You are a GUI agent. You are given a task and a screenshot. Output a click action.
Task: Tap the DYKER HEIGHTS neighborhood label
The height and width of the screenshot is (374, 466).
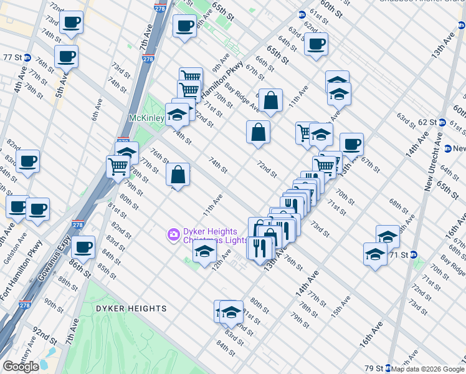pyautogui.click(x=132, y=309)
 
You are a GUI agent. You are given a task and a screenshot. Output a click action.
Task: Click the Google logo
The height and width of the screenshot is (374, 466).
pyautogui.click(x=21, y=367)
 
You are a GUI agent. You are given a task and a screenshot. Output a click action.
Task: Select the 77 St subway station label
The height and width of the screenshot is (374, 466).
pyautogui.click(x=13, y=57)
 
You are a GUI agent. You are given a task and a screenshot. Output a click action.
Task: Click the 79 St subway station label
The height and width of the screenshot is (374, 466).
pyautogui.click(x=374, y=368)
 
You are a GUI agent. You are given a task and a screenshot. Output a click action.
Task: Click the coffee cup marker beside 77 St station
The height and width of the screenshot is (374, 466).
pyautogui.click(x=65, y=57)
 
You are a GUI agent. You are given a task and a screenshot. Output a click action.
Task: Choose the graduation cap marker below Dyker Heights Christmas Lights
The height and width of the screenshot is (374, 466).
pyautogui.click(x=204, y=252)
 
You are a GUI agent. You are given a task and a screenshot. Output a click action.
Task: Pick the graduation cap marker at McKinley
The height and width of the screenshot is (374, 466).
pyautogui.click(x=177, y=114)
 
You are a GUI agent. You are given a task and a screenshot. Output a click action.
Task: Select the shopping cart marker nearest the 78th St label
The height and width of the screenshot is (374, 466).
pyautogui.click(x=118, y=166)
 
